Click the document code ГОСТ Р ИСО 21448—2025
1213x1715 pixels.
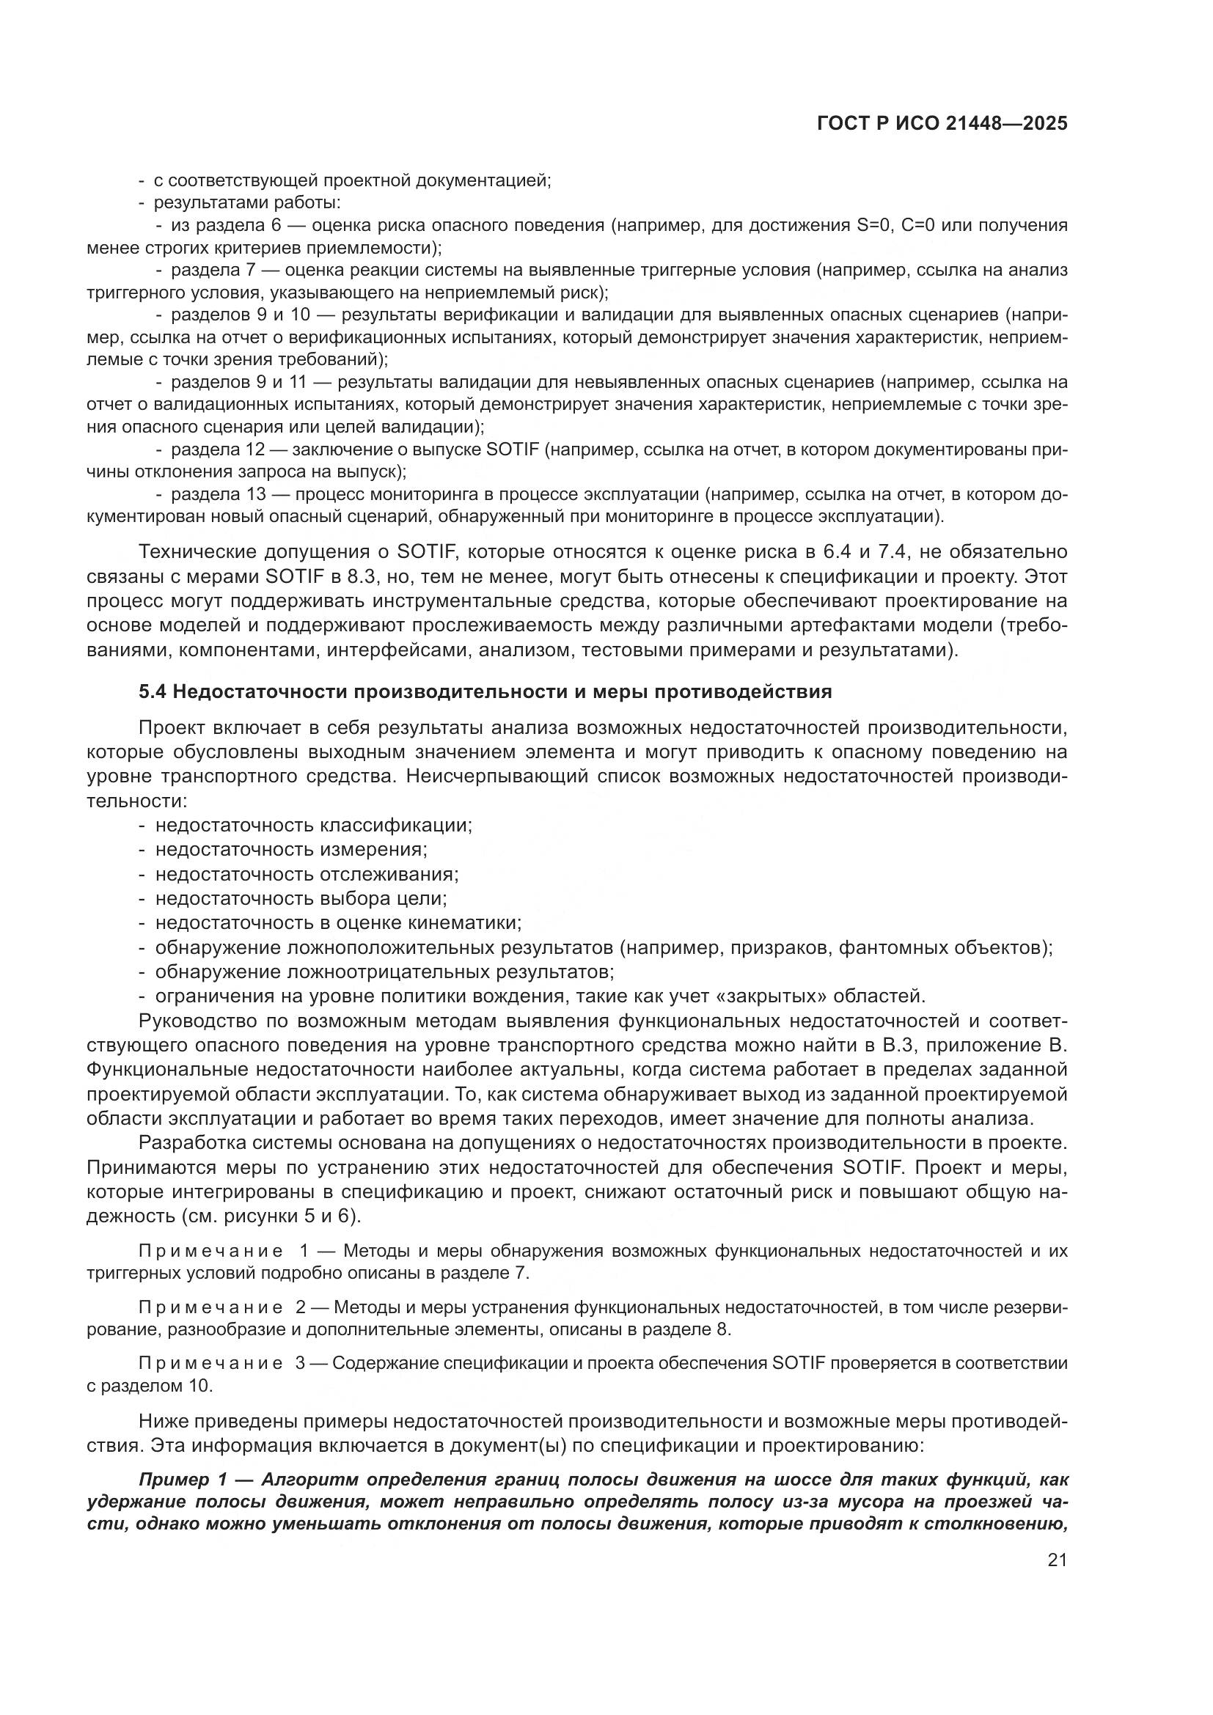point(942,124)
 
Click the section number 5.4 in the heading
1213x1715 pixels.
point(153,691)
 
